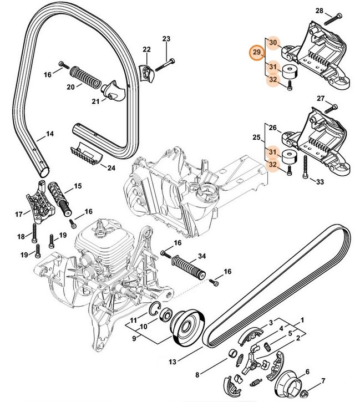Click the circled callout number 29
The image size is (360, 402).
pyautogui.click(x=256, y=53)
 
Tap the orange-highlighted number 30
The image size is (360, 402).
pyautogui.click(x=272, y=43)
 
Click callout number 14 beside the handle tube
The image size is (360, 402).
pyautogui.click(x=49, y=134)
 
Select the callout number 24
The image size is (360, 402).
pyautogui.click(x=111, y=167)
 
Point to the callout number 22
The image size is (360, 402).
pyautogui.click(x=146, y=50)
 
